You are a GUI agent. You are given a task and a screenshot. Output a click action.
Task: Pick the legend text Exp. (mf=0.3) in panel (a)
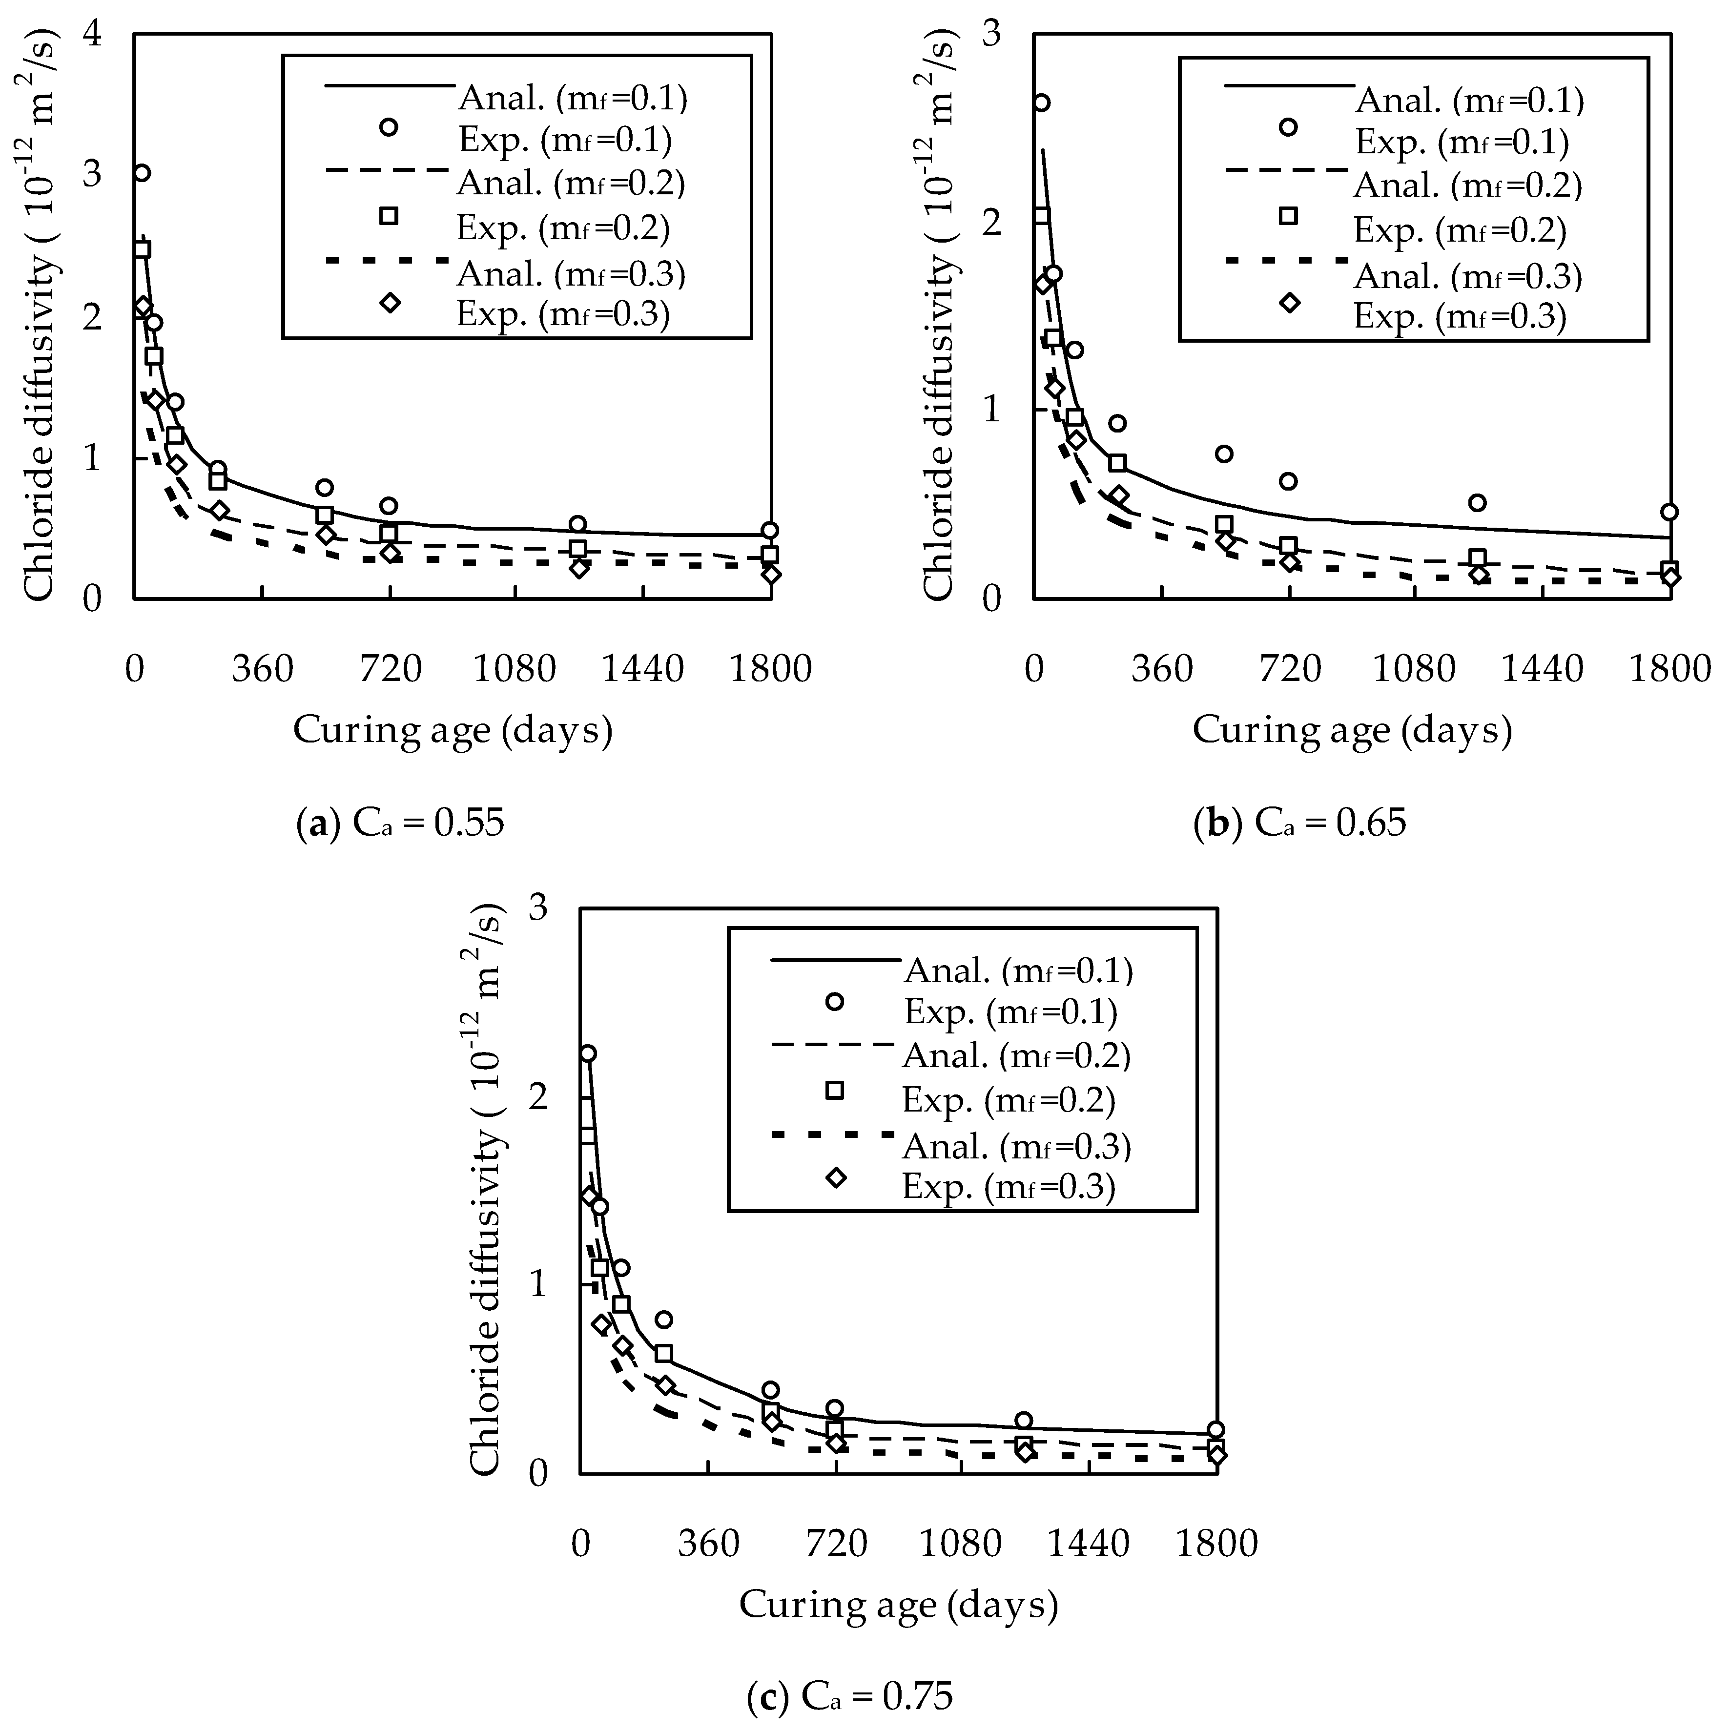click(x=563, y=315)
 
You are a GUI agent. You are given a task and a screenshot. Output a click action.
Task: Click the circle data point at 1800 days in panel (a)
click(x=770, y=530)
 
